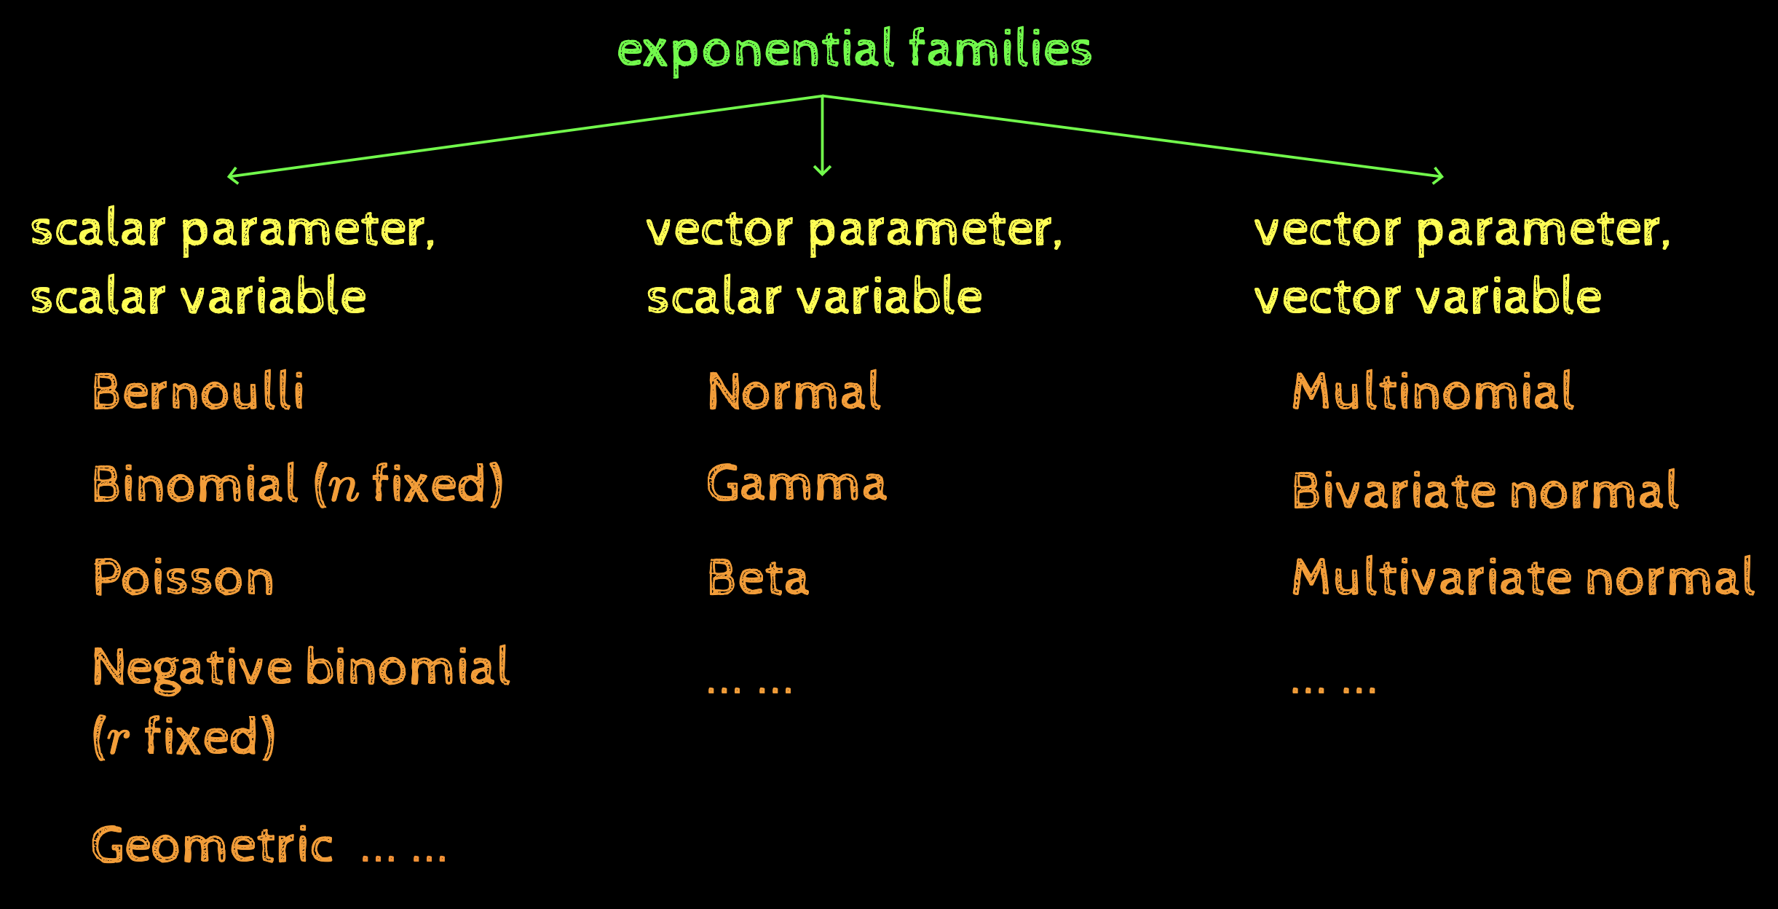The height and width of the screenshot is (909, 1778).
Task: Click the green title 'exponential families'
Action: [x=854, y=50]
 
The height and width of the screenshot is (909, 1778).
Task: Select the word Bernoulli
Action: [x=198, y=393]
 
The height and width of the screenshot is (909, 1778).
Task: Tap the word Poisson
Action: [x=183, y=578]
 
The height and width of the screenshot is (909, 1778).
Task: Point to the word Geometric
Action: [x=212, y=846]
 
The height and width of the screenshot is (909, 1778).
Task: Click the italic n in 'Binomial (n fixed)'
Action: [x=344, y=487]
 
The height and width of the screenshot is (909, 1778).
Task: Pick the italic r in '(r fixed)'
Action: [x=117, y=739]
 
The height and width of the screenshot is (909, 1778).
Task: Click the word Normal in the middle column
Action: [x=794, y=393]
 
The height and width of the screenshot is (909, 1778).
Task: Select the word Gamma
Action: [x=797, y=484]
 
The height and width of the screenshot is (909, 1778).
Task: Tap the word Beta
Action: [x=758, y=578]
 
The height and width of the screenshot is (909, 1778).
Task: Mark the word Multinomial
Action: [x=1432, y=393]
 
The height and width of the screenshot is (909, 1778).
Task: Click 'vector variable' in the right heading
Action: [x=1427, y=298]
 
